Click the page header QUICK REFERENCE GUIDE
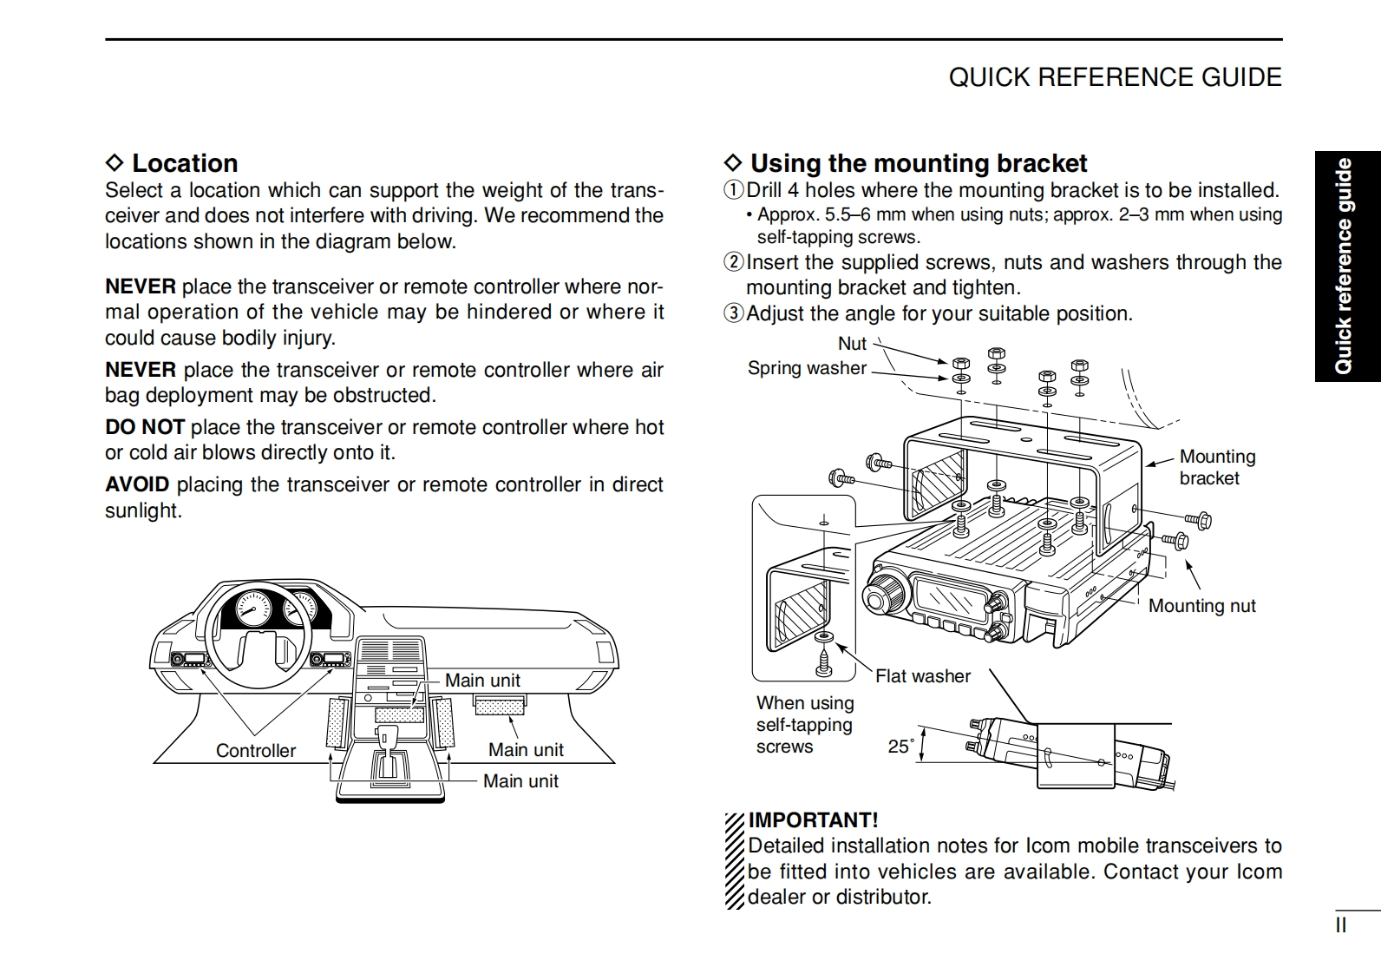pos(1115,77)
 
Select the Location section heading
pos(184,163)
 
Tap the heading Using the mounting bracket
pos(918,163)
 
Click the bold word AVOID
pos(136,484)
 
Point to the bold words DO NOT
pos(144,427)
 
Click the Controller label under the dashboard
pos(255,751)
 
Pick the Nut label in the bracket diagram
pos(852,344)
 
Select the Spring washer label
pos(807,368)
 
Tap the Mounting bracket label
pos(1216,467)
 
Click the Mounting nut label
pos(1201,606)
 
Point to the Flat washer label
pos(922,676)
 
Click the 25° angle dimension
pos(901,746)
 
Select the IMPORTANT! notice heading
pos(813,820)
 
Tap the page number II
pos(1340,925)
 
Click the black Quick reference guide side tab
pos(1345,266)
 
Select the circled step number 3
pos(734,313)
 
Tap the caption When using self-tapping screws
pos(804,725)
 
